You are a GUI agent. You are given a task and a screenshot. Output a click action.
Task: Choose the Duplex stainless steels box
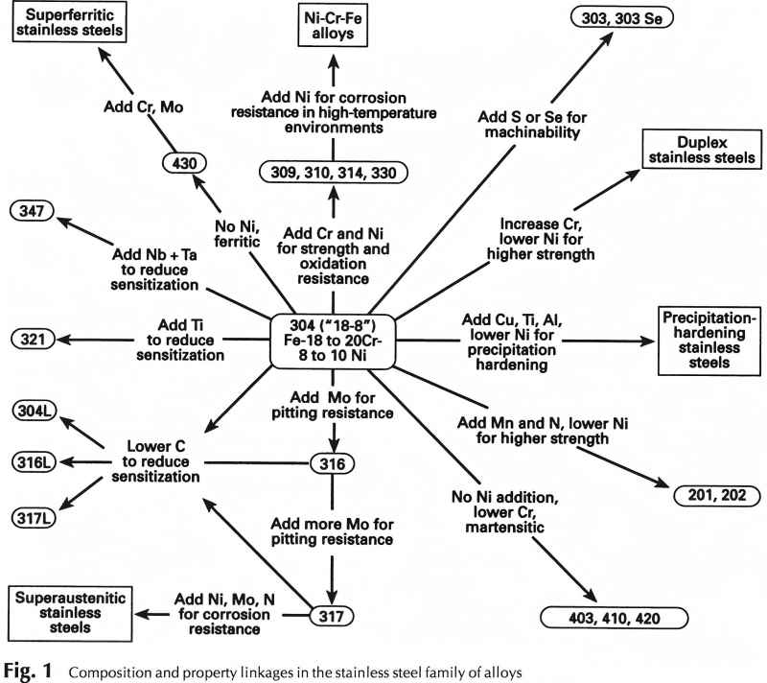[x=690, y=149]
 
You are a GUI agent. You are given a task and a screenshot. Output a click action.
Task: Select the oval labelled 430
[x=183, y=163]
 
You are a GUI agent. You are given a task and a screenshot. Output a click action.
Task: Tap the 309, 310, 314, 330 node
[x=333, y=173]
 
